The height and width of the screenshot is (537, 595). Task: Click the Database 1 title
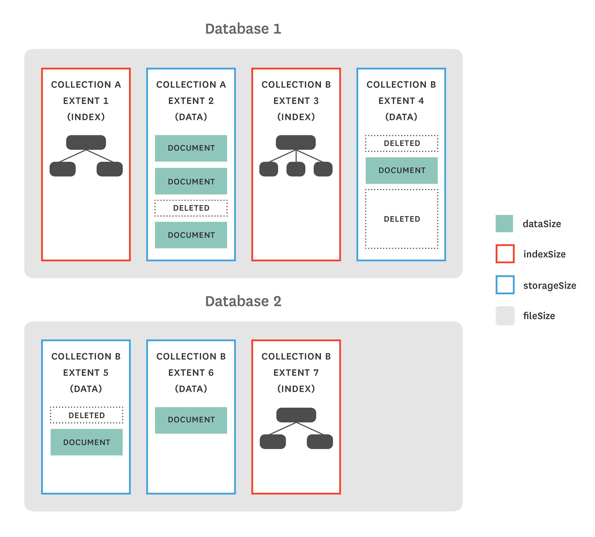click(243, 29)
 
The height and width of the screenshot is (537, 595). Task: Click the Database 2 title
click(243, 301)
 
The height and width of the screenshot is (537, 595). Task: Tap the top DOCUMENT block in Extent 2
click(191, 148)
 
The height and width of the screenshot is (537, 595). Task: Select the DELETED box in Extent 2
click(191, 208)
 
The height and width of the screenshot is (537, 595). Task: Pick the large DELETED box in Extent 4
click(401, 219)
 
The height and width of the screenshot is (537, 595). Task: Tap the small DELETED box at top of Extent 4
click(401, 143)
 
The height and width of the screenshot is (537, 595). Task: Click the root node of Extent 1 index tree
click(86, 142)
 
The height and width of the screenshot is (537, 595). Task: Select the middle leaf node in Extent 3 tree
click(296, 169)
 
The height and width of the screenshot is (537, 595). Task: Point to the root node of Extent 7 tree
click(296, 415)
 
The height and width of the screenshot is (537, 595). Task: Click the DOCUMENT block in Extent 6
click(191, 420)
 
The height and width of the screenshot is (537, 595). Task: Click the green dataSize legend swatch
click(504, 223)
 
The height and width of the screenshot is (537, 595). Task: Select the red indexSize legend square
click(505, 254)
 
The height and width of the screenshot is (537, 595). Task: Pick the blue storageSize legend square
click(505, 285)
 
